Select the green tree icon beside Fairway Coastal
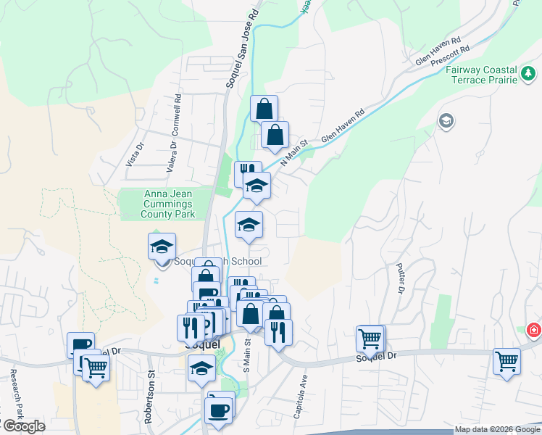point(529,73)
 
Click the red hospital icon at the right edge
point(534,330)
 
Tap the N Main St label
point(294,152)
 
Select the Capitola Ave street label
point(300,396)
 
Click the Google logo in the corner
point(23,426)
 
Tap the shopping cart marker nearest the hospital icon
point(506,360)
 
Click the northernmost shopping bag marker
point(264,109)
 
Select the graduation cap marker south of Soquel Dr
point(201,367)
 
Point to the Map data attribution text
point(497,430)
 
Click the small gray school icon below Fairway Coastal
point(446,120)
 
